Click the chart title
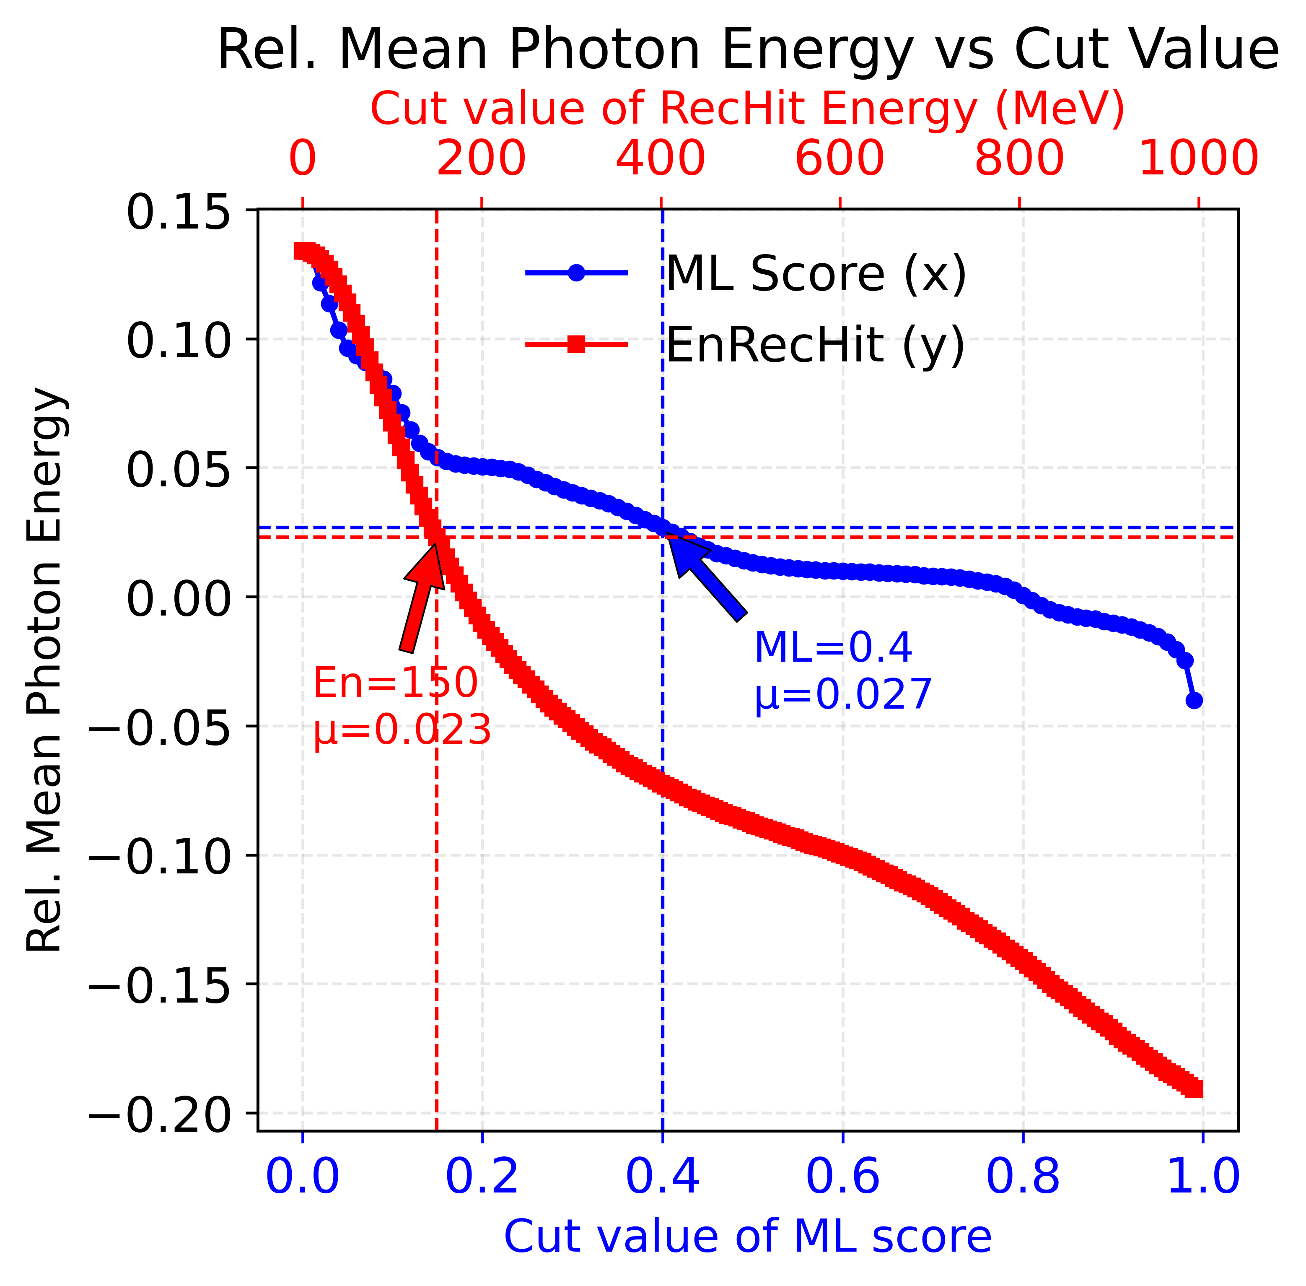point(748,51)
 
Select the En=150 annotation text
point(396,683)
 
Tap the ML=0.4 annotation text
point(833,648)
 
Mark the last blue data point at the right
point(1194,700)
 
